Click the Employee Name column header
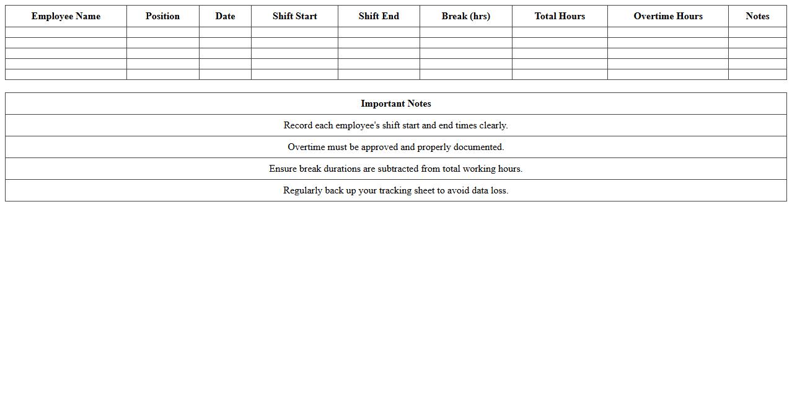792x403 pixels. point(66,16)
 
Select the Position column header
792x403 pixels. point(162,16)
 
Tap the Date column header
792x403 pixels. point(225,16)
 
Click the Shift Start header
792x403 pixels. point(294,16)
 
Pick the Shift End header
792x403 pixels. point(379,16)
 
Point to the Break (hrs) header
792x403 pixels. point(465,16)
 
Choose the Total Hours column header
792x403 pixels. point(560,16)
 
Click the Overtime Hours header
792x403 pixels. point(667,16)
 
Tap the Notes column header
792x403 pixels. point(757,16)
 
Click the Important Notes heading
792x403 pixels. point(395,104)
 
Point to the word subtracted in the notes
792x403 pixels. point(398,169)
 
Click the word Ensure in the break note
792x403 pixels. point(283,169)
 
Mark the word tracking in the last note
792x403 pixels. point(397,190)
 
